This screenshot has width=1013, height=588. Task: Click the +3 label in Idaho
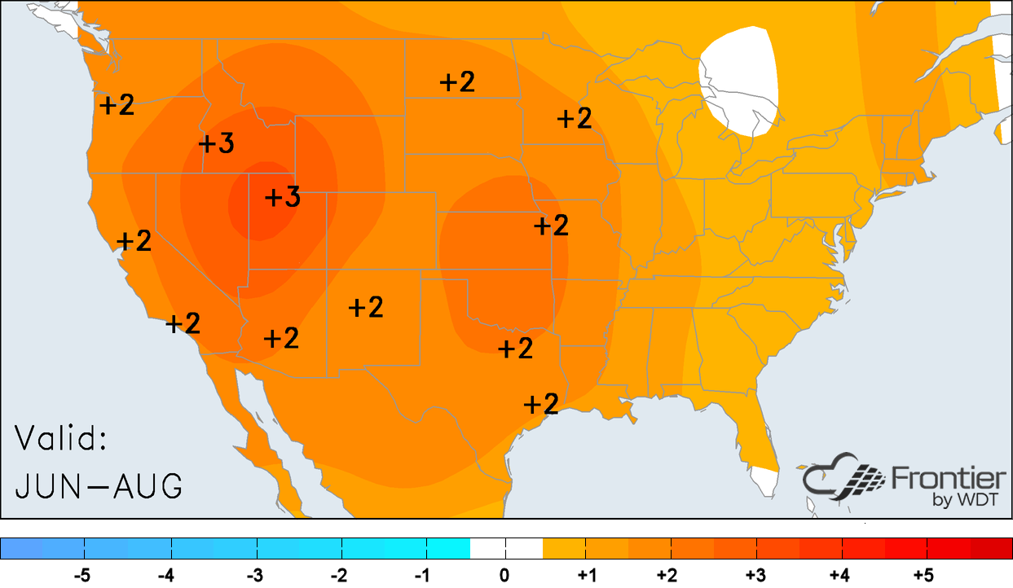(x=217, y=143)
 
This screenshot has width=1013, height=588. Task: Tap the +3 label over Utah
(x=283, y=197)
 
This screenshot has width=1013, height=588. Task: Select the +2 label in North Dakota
(x=457, y=81)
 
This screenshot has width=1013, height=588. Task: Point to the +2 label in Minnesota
(x=575, y=118)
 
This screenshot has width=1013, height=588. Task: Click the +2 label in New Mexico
(x=366, y=307)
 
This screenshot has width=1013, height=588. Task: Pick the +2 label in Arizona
(x=282, y=338)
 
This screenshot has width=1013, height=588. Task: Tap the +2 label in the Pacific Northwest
(x=117, y=104)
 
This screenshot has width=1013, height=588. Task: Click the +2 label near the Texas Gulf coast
(x=540, y=404)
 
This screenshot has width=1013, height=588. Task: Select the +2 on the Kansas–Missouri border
(x=551, y=225)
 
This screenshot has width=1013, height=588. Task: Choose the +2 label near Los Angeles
(x=183, y=323)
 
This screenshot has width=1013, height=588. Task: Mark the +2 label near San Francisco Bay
(x=134, y=241)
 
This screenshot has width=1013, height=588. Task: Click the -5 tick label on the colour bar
(x=81, y=576)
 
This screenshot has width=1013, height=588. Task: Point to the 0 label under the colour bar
(x=505, y=576)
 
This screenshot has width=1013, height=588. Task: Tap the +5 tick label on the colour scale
(x=923, y=576)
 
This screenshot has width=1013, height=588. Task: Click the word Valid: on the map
(x=61, y=440)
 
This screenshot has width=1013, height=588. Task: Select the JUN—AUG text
(x=98, y=486)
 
